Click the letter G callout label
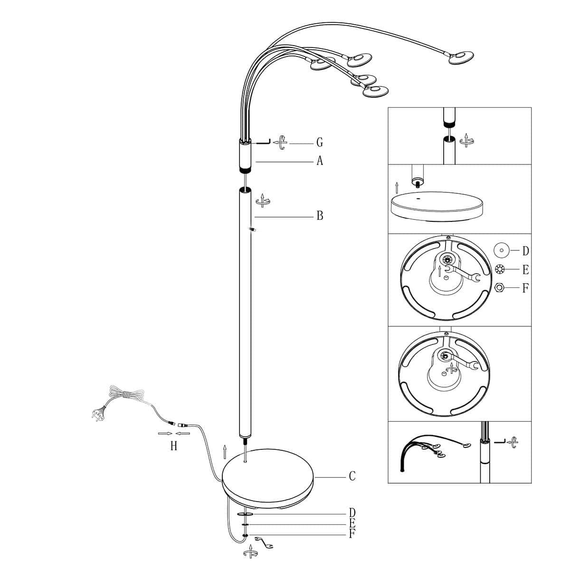(x=320, y=142)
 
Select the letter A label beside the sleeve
(x=320, y=161)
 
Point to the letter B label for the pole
(x=320, y=216)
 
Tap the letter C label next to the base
(x=352, y=475)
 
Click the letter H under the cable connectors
(x=174, y=446)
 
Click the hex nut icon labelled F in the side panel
(x=499, y=287)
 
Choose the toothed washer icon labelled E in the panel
(x=499, y=269)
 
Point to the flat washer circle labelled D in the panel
(x=502, y=250)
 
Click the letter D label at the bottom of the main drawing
(x=352, y=513)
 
